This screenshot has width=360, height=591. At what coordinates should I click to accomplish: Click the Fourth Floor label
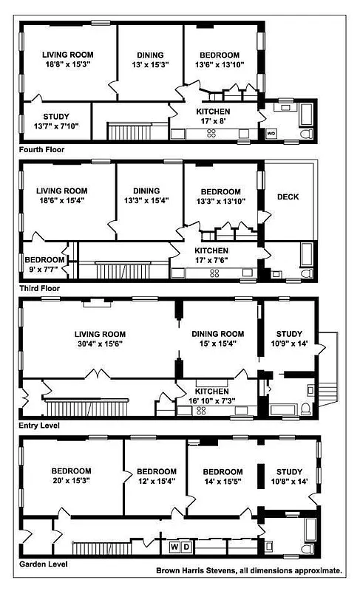42,149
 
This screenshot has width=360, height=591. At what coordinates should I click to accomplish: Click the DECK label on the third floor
288,197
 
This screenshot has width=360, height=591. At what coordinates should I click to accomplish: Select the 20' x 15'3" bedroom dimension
71,482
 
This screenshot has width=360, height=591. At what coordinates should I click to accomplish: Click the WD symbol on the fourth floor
271,134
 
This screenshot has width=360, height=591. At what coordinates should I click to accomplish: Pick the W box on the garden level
175,547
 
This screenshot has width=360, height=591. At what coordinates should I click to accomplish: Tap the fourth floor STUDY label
55,116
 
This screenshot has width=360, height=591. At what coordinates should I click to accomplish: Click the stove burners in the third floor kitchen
214,273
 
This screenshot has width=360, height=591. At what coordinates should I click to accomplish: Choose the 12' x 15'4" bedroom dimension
156,482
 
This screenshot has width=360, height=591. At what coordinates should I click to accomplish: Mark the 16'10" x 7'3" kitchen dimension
212,401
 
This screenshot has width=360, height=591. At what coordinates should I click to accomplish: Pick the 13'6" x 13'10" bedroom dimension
217,65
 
